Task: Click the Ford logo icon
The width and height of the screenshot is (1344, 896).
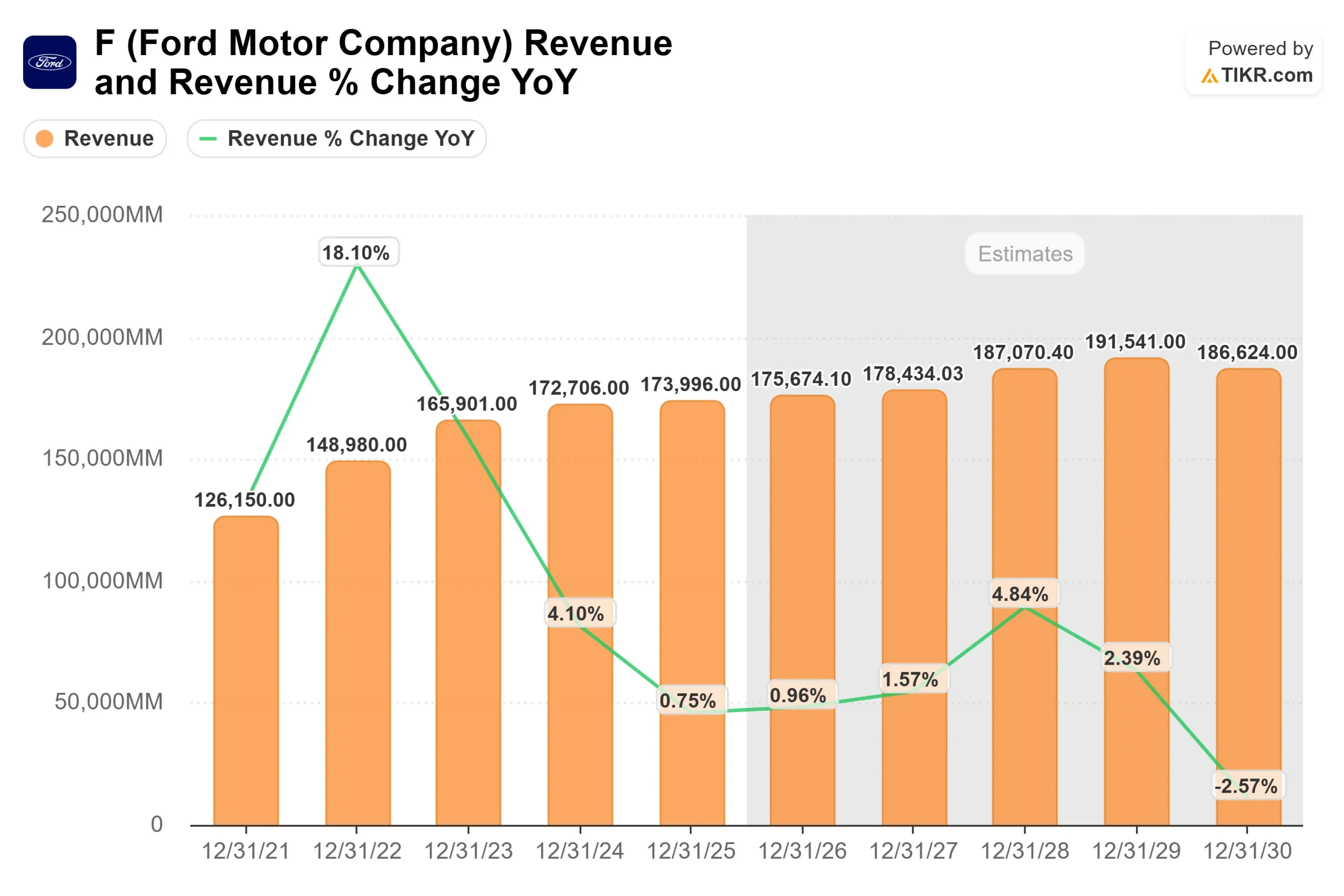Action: pyautogui.click(x=50, y=62)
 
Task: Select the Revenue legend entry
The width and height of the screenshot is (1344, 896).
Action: pyautogui.click(x=96, y=138)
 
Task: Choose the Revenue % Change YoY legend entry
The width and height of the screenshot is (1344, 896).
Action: pyautogui.click(x=337, y=138)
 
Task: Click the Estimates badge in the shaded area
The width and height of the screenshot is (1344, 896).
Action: pyautogui.click(x=1025, y=254)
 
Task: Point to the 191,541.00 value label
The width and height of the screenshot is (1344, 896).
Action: pyautogui.click(x=1136, y=342)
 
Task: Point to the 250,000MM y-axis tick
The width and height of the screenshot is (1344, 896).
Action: pyautogui.click(x=102, y=215)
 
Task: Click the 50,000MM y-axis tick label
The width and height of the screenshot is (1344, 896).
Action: pyautogui.click(x=109, y=702)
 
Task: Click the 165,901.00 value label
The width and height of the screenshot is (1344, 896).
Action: pyautogui.click(x=466, y=404)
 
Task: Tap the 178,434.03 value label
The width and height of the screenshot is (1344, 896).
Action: pyautogui.click(x=912, y=374)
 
